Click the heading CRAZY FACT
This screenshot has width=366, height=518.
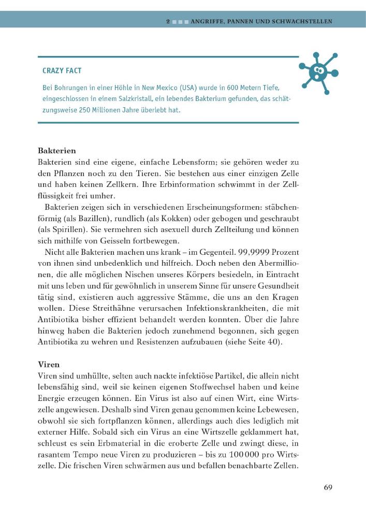pyautogui.click(x=62, y=70)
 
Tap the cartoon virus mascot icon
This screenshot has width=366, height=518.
pyautogui.click(x=318, y=73)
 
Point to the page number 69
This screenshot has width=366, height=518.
pyautogui.click(x=328, y=487)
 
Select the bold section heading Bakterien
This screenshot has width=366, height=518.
pyautogui.click(x=57, y=151)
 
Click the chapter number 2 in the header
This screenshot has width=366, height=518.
pyautogui.click(x=168, y=22)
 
